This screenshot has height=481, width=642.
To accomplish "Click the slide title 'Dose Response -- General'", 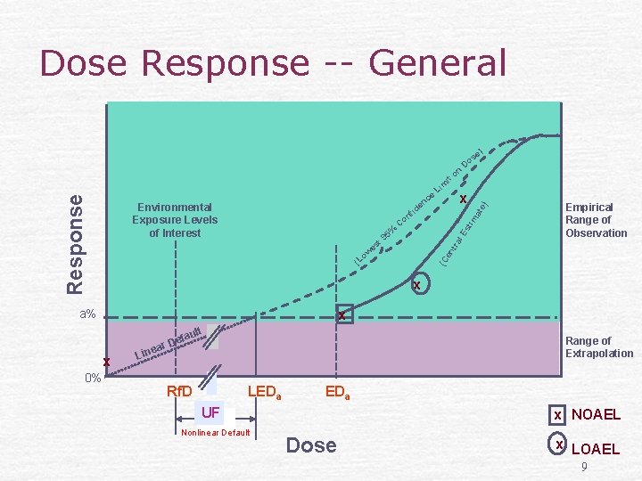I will (x=273, y=64).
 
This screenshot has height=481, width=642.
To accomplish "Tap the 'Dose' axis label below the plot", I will (x=311, y=445).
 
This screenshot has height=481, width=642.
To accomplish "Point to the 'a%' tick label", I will (x=87, y=314).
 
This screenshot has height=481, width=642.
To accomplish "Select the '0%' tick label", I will (x=92, y=378).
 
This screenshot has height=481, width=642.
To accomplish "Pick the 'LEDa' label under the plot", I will (x=264, y=392).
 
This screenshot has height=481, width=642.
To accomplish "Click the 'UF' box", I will (x=210, y=412).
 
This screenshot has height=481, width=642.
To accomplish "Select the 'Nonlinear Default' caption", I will (x=215, y=433).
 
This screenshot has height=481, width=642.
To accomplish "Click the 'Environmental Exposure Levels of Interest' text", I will (x=175, y=220).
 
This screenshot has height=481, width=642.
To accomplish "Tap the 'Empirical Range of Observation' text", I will (x=596, y=220).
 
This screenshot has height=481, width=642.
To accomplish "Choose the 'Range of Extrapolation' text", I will (x=598, y=346).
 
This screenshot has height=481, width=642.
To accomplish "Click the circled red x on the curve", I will (x=416, y=285).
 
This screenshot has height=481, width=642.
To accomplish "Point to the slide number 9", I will (x=583, y=467).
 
